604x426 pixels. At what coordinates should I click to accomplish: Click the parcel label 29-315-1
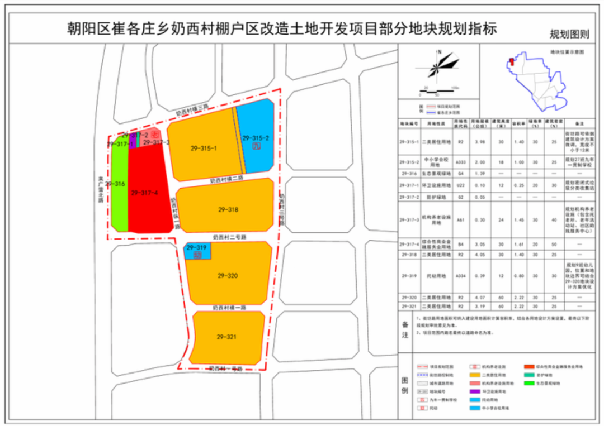(203, 149)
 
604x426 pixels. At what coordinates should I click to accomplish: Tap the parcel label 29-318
(228, 209)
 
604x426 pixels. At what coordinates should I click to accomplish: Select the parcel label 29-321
(227, 337)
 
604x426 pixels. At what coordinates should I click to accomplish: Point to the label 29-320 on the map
(228, 275)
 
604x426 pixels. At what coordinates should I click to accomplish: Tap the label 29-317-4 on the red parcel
(144, 193)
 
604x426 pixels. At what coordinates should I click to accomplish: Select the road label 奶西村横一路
(229, 307)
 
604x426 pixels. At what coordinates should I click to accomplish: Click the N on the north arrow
(440, 52)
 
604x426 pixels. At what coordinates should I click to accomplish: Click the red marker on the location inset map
(510, 60)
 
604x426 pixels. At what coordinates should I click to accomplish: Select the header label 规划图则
(569, 35)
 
